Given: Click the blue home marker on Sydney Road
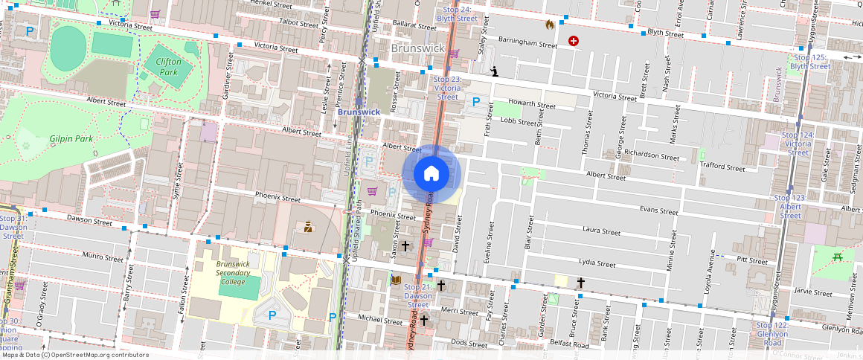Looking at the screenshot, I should pos(431,174).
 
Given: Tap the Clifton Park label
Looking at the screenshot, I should pos(164,67).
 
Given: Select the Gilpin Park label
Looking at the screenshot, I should pos(71,139).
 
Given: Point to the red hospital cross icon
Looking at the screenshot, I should pos(573,41).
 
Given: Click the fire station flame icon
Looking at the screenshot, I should pos(550,25).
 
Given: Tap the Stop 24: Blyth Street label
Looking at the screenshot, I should pos(456,13).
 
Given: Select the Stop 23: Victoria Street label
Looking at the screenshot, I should pos(447,88).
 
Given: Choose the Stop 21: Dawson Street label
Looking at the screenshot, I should pos(418,295).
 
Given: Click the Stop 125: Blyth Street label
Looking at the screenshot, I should pos(810,62).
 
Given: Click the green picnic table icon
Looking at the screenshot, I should pos(838,257).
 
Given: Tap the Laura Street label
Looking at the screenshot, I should pos(602,231).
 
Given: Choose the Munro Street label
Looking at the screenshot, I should pos(103,257).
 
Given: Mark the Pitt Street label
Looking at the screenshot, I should pos(751,260).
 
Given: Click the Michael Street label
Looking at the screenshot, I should pos(379,320).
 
